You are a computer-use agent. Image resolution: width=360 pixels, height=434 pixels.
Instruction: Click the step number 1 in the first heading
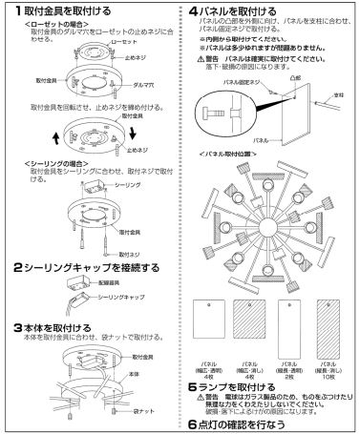[8, 9]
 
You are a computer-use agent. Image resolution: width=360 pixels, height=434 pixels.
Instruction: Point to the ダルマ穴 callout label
[145, 84]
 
